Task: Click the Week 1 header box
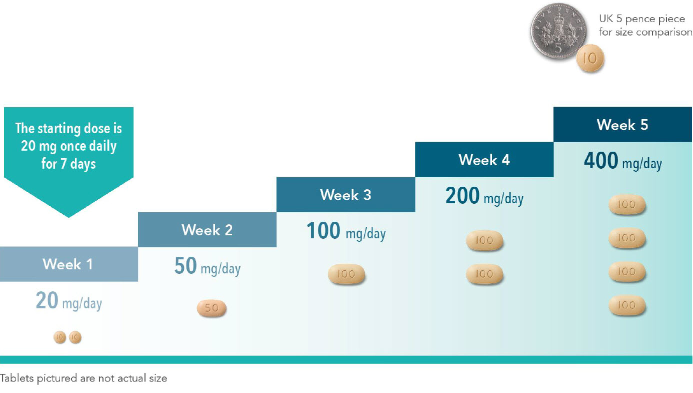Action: click(x=68, y=264)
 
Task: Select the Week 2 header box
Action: click(x=207, y=229)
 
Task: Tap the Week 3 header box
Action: click(x=346, y=194)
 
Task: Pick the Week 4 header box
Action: click(x=484, y=160)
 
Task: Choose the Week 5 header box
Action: click(x=622, y=125)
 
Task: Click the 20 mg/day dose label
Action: click(x=68, y=301)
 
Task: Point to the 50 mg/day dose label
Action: click(x=207, y=266)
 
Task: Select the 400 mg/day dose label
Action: click(x=623, y=161)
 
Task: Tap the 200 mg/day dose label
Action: click(x=484, y=196)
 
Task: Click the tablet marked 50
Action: click(x=211, y=308)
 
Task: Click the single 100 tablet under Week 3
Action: click(x=346, y=274)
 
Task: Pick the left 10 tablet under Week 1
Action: click(x=59, y=337)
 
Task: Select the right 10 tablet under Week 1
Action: click(x=75, y=337)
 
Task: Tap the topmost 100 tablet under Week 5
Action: click(x=627, y=204)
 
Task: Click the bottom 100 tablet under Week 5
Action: click(x=627, y=305)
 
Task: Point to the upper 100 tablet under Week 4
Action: click(x=484, y=240)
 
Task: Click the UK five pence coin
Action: click(x=558, y=31)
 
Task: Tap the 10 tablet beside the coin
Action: click(x=590, y=58)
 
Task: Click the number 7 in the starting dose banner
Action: click(x=63, y=164)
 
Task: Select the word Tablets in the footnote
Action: click(x=16, y=378)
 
